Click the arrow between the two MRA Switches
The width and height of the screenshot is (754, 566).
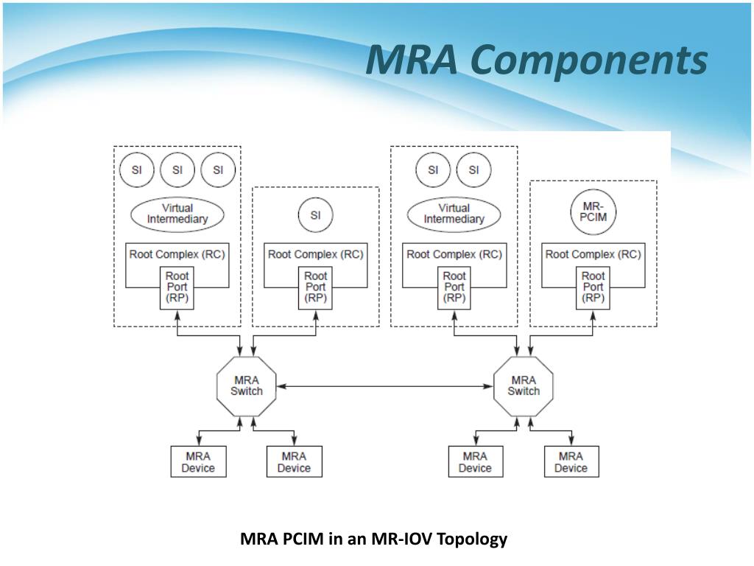point(385,386)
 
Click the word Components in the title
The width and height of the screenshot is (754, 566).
point(588,60)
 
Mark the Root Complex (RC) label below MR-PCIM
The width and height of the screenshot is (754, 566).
point(593,254)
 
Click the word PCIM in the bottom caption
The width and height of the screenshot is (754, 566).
point(303,539)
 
